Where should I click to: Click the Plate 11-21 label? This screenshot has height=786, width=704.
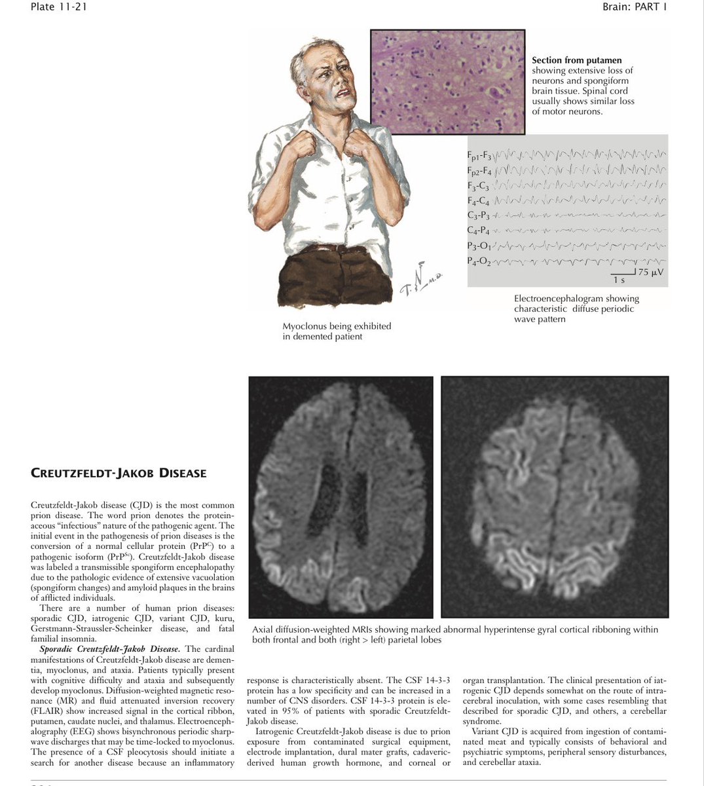58,7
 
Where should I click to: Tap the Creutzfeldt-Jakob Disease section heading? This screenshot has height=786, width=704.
119,473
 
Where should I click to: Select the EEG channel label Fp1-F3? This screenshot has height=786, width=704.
479,157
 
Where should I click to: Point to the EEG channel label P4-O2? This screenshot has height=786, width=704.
479,261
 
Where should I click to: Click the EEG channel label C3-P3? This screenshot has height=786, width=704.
479,215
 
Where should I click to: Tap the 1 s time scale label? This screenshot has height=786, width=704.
619,280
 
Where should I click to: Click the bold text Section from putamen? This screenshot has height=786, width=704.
576,60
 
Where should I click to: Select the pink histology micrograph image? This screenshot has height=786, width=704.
447,82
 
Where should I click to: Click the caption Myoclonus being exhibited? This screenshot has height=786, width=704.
337,326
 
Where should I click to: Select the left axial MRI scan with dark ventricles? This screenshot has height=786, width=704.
341,496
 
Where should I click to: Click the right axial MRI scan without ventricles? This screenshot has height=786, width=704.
555,496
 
